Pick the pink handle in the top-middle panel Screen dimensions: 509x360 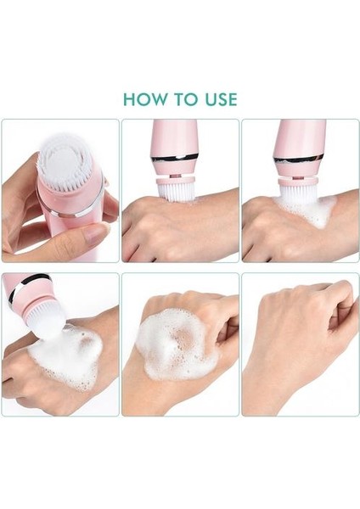pos(174,137)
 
